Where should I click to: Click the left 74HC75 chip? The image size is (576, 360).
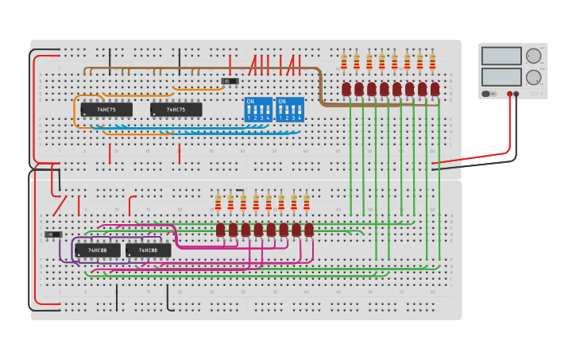[106, 110]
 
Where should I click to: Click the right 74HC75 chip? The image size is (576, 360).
[176, 110]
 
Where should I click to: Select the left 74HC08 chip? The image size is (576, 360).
[98, 250]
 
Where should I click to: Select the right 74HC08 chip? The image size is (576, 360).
[148, 250]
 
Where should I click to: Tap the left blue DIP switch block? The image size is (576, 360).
[258, 110]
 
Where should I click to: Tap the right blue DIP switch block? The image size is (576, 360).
[290, 110]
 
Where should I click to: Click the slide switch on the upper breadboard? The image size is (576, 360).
[230, 81]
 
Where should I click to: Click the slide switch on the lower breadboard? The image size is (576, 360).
[53, 234]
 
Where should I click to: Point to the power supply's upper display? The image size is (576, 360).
[501, 56]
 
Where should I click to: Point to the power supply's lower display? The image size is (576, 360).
[501, 77]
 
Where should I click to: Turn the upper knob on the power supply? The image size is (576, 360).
[533, 56]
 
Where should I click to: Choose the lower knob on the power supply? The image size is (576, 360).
[533, 77]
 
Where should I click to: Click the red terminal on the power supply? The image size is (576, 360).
[510, 94]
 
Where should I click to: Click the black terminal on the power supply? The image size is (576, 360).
[517, 94]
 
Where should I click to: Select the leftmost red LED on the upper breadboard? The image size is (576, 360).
[346, 89]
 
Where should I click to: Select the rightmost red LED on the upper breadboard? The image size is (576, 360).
[435, 89]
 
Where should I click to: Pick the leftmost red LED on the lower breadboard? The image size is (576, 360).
[220, 230]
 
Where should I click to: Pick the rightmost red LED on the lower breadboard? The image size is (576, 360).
[308, 230]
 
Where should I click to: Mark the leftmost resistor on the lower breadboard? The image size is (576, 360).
[218, 203]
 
